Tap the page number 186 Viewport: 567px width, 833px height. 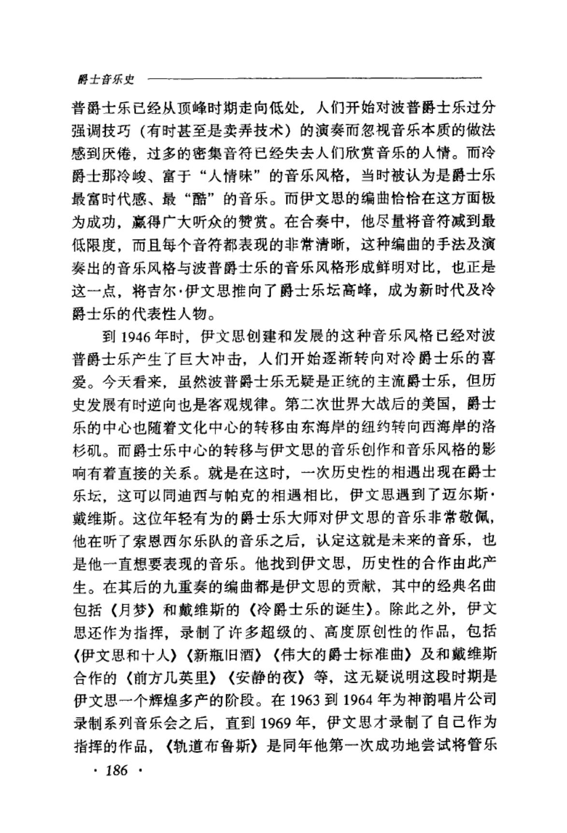point(116,770)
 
